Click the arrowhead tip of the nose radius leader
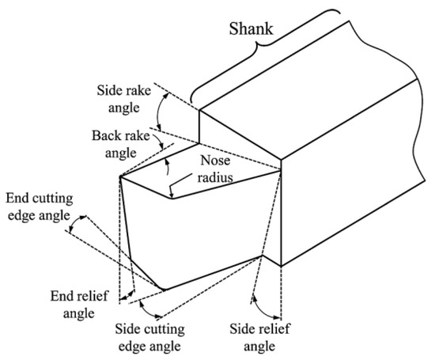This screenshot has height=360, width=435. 171,193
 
